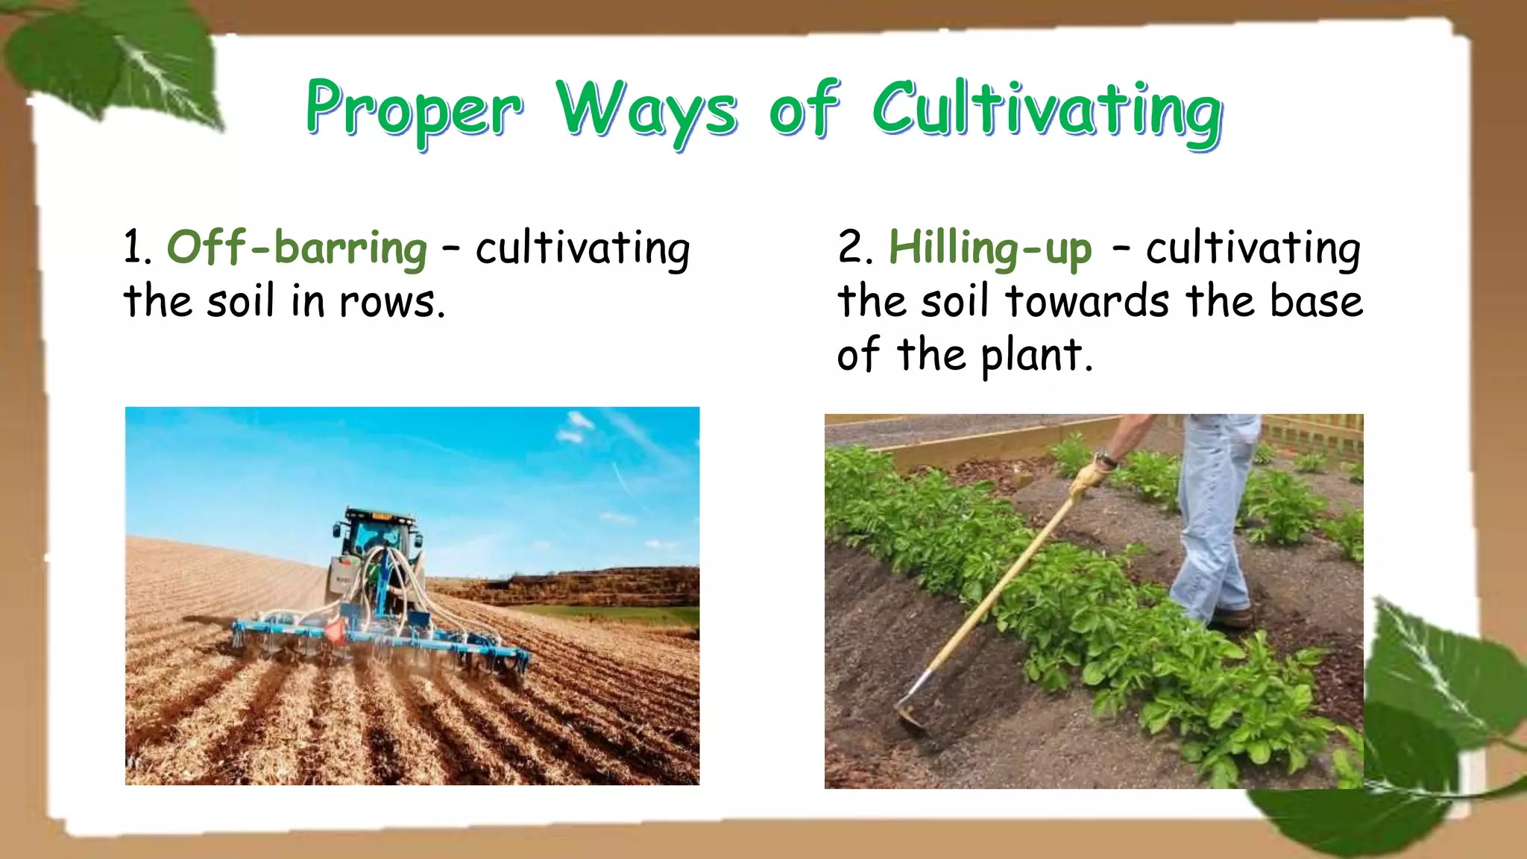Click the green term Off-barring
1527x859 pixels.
coord(297,248)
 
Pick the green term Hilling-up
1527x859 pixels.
coord(990,248)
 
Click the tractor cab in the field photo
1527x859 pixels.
coord(377,534)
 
